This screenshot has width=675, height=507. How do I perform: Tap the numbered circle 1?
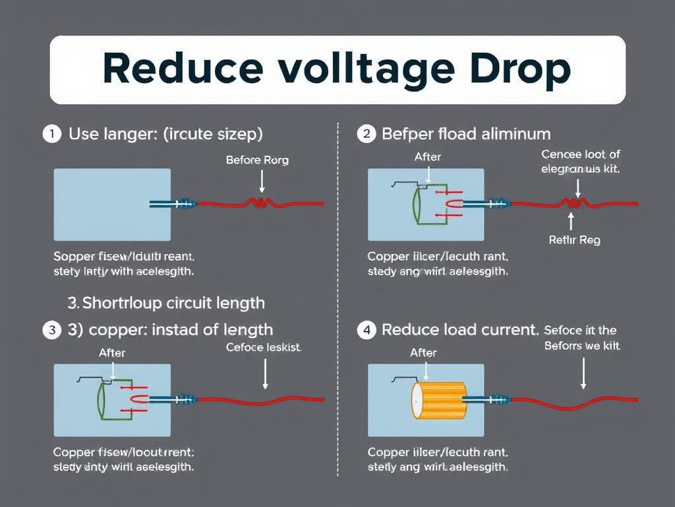point(51,134)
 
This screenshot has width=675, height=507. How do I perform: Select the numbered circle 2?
point(366,134)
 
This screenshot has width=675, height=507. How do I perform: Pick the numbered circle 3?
point(51,329)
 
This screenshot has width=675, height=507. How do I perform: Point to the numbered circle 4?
point(366,329)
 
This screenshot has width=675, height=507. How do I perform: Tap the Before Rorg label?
point(257,160)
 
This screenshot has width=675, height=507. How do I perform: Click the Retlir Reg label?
point(574,240)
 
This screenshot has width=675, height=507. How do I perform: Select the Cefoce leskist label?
point(263,347)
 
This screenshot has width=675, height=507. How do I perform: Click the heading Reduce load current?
point(460,329)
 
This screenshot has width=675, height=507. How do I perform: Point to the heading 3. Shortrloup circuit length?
point(166,303)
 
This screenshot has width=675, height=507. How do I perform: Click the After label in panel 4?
point(423,353)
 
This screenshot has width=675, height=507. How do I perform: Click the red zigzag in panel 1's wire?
point(258,204)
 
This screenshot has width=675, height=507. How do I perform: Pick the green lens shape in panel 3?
point(102,399)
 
